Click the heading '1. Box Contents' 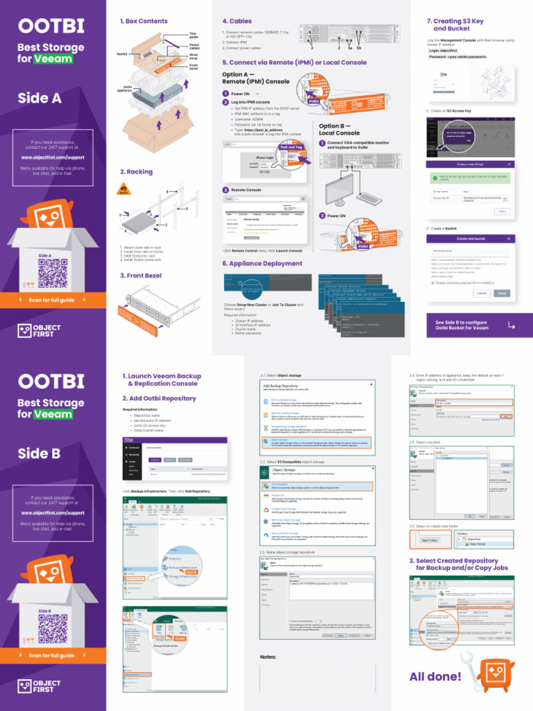click(144, 22)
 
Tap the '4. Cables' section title click(237, 22)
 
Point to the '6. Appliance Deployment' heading click(253, 264)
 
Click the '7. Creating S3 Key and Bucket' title click(455, 25)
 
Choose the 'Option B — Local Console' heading click(339, 130)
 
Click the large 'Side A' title click(40, 98)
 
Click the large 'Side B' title click(40, 453)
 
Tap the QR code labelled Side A click(52, 274)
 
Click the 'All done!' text click(435, 677)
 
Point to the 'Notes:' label click(268, 657)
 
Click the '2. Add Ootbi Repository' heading click(159, 399)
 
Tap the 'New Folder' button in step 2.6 click(429, 540)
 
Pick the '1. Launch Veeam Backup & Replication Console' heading click(162, 380)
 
